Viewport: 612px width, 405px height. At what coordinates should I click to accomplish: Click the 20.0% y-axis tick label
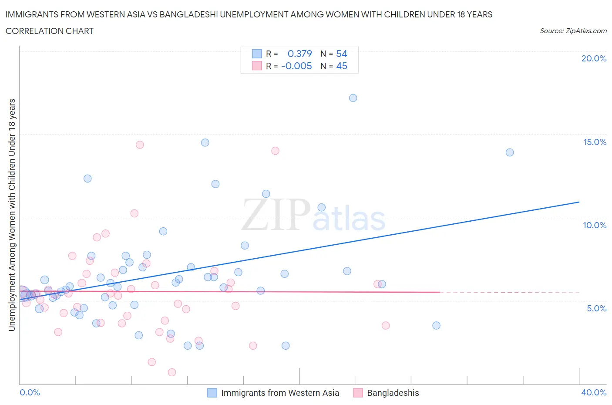[x=594, y=58]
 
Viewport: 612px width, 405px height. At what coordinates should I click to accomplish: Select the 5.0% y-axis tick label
[x=596, y=308]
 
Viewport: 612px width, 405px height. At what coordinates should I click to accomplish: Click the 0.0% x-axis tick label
[x=30, y=392]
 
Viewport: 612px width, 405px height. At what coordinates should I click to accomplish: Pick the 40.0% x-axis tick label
[x=594, y=392]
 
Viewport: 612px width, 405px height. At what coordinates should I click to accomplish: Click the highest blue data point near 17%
[x=353, y=98]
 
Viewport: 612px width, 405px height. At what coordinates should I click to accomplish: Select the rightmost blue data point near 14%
[x=510, y=152]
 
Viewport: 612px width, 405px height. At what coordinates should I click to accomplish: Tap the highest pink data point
[x=140, y=145]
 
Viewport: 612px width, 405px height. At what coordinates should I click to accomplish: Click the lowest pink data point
[x=172, y=372]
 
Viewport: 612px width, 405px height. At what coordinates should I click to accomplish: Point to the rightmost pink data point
[x=386, y=325]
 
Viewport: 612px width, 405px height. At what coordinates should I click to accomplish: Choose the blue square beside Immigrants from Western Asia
[x=212, y=393]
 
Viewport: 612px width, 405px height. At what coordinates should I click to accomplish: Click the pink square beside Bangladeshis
[x=358, y=393]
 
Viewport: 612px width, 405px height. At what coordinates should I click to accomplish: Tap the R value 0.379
[x=299, y=54]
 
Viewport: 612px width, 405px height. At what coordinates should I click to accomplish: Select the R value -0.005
[x=296, y=66]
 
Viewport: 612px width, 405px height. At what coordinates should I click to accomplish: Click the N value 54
[x=342, y=54]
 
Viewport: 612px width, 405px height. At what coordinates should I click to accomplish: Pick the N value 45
[x=342, y=66]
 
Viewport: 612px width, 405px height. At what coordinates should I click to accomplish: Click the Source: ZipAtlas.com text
[x=573, y=30]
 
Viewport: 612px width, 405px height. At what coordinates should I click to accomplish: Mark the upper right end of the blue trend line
[x=579, y=202]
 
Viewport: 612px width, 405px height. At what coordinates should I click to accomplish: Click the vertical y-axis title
[x=12, y=215]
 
